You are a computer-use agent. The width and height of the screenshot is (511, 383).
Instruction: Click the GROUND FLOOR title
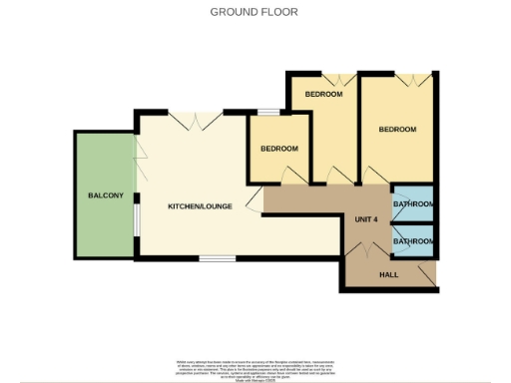254,12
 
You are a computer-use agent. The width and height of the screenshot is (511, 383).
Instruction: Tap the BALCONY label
106,195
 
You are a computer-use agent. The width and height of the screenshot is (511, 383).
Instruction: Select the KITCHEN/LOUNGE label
200,206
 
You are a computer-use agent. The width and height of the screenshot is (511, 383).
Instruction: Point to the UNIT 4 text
366,219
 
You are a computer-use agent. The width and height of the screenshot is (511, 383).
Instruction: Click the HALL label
388,273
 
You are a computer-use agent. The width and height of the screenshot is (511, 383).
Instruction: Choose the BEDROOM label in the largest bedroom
397,129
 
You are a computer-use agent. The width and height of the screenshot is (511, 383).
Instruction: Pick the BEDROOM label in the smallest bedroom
279,149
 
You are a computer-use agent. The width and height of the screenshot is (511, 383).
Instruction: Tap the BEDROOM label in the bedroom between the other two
324,94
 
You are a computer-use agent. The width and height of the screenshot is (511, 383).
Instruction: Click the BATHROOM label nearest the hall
413,241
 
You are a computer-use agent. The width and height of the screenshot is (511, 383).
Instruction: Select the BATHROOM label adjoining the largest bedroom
413,204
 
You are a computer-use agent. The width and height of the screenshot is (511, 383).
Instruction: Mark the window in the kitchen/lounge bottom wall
216,258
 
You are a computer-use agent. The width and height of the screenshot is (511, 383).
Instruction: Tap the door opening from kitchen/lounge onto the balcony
141,156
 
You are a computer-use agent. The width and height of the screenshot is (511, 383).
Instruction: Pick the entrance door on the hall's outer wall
429,271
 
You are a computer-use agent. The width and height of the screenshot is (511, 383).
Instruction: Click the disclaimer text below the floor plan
255,367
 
